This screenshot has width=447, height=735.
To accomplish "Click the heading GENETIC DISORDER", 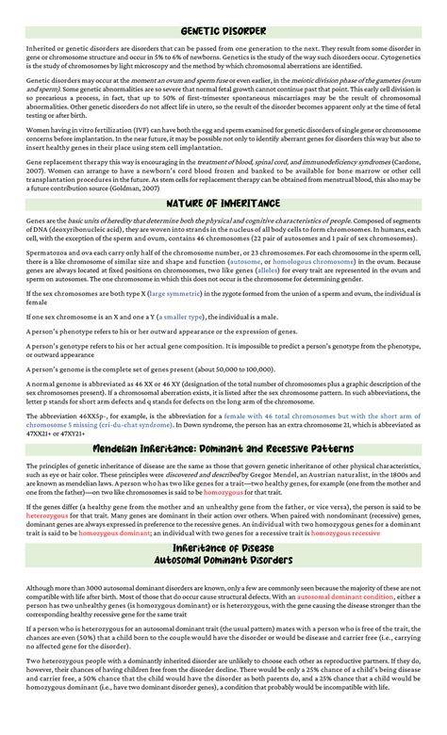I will point(223,32).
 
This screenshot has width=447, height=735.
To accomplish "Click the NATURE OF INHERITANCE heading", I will point(223,203).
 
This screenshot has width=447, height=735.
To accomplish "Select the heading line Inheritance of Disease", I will point(223,548).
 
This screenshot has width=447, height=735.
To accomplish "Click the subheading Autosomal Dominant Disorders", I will point(223,562).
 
